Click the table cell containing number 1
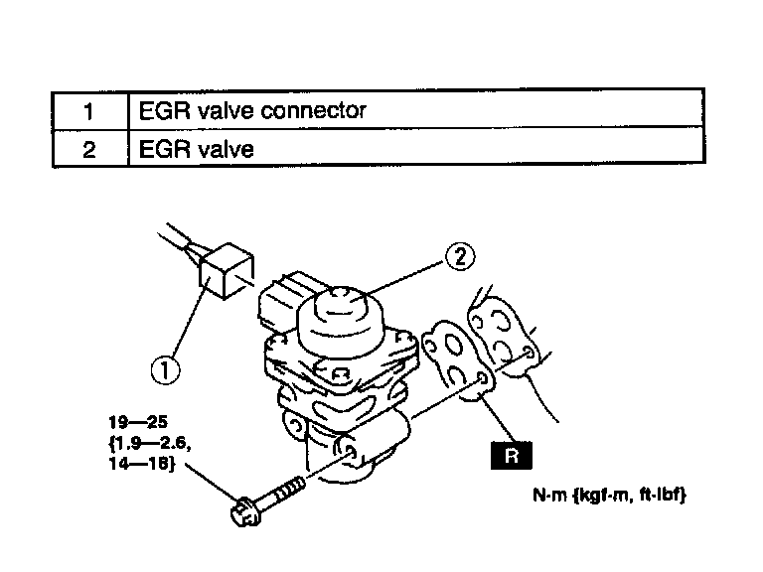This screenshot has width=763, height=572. pos(89,109)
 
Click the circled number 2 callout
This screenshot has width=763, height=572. pos(458,257)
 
